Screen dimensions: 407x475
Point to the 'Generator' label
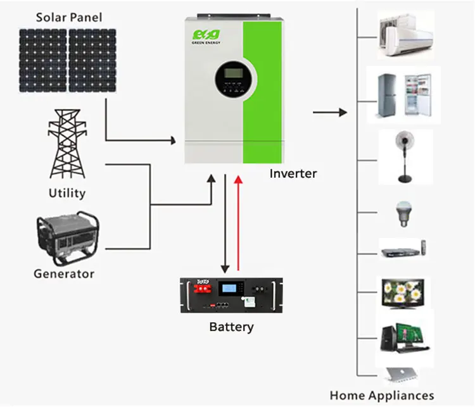pyautogui.click(x=64, y=274)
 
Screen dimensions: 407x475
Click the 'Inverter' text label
pyautogui.click(x=293, y=173)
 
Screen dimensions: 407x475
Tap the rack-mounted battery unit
pyautogui.click(x=231, y=295)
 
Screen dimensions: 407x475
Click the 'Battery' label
pyautogui.click(x=231, y=327)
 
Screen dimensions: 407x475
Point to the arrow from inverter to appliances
pyautogui.click(x=330, y=113)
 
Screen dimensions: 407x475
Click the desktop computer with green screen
pyautogui.click(x=403, y=337)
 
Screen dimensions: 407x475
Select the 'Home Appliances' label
pyautogui.click(x=381, y=396)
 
